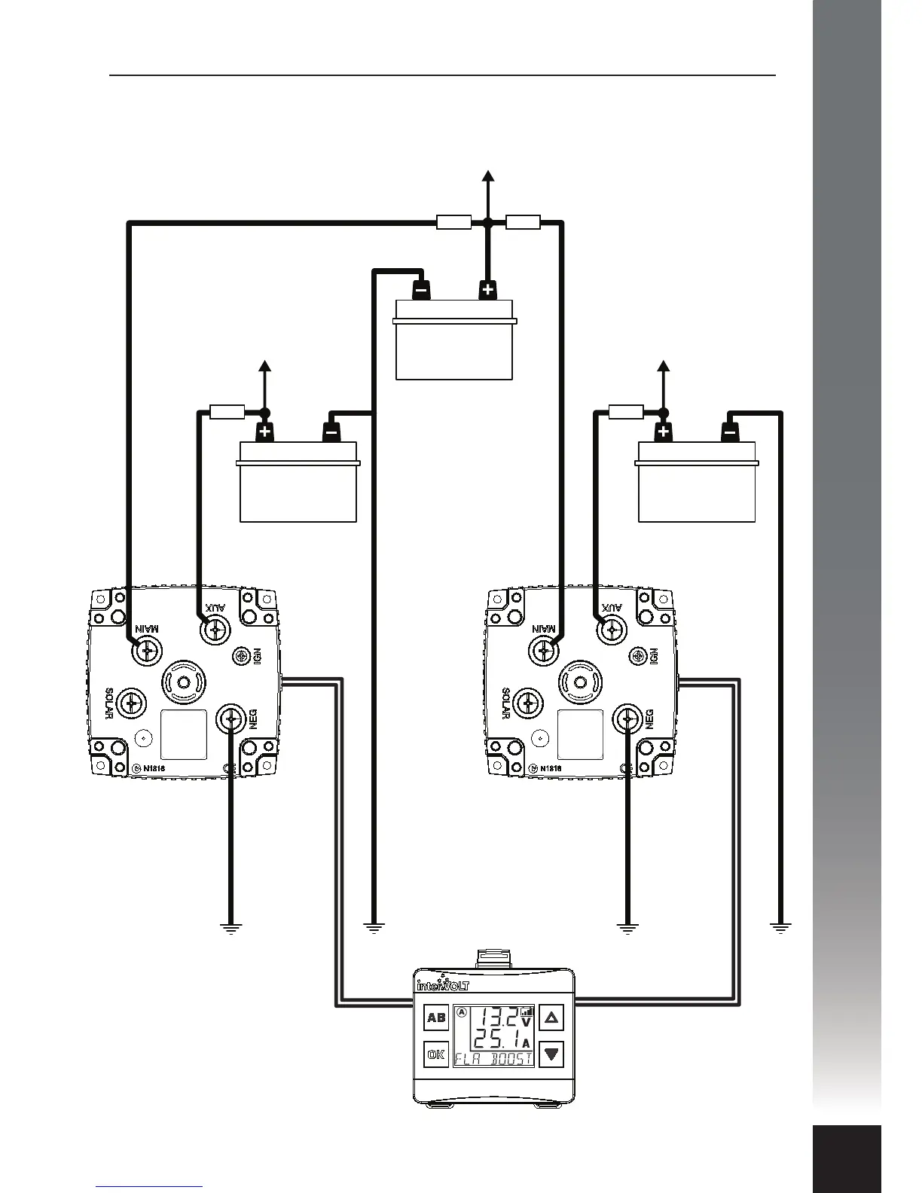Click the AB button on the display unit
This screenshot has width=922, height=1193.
click(436, 1018)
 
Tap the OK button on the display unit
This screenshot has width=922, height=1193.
click(436, 1054)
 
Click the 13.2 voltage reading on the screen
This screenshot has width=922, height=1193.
click(499, 1018)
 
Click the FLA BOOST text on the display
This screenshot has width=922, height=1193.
click(493, 1058)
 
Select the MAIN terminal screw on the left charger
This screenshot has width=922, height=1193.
click(147, 648)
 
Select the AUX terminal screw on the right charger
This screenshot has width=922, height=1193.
click(612, 627)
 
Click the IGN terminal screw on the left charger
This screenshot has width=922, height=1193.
click(243, 656)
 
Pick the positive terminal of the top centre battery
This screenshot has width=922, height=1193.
click(488, 289)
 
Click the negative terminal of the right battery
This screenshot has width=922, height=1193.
click(730, 432)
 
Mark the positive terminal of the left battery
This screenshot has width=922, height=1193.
click(265, 432)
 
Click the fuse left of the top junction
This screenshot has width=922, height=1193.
click(454, 222)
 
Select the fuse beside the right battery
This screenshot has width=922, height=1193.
click(626, 411)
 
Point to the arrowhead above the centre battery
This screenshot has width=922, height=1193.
click(488, 176)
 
